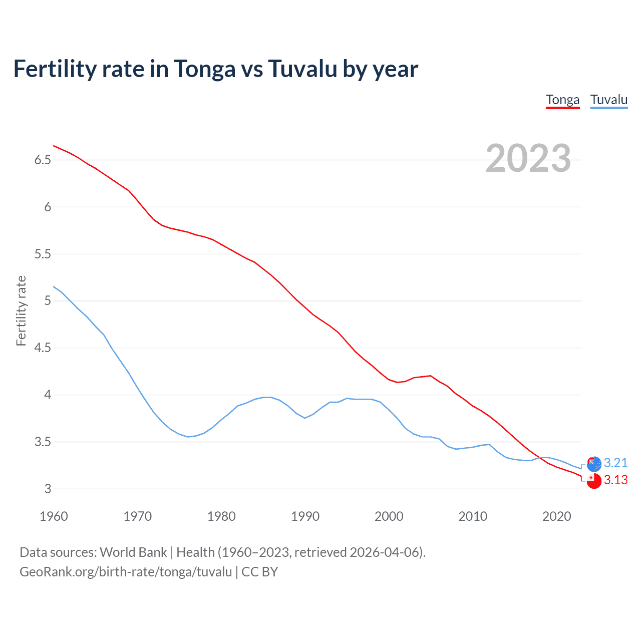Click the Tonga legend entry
click(562, 100)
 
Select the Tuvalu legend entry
click(608, 100)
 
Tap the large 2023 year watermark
click(528, 158)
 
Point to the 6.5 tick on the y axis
click(43, 160)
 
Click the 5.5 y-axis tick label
click(43, 254)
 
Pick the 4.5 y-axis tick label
click(43, 348)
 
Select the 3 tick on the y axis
click(48, 489)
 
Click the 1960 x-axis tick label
click(54, 516)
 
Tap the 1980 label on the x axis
click(221, 516)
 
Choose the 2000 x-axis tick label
click(389, 516)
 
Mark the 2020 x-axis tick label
click(556, 516)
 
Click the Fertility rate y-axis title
click(21, 310)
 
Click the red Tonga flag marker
click(593, 480)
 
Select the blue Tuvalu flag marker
click(593, 464)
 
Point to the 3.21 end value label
click(615, 463)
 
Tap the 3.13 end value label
click(615, 480)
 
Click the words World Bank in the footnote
click(133, 552)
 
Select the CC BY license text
click(259, 572)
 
